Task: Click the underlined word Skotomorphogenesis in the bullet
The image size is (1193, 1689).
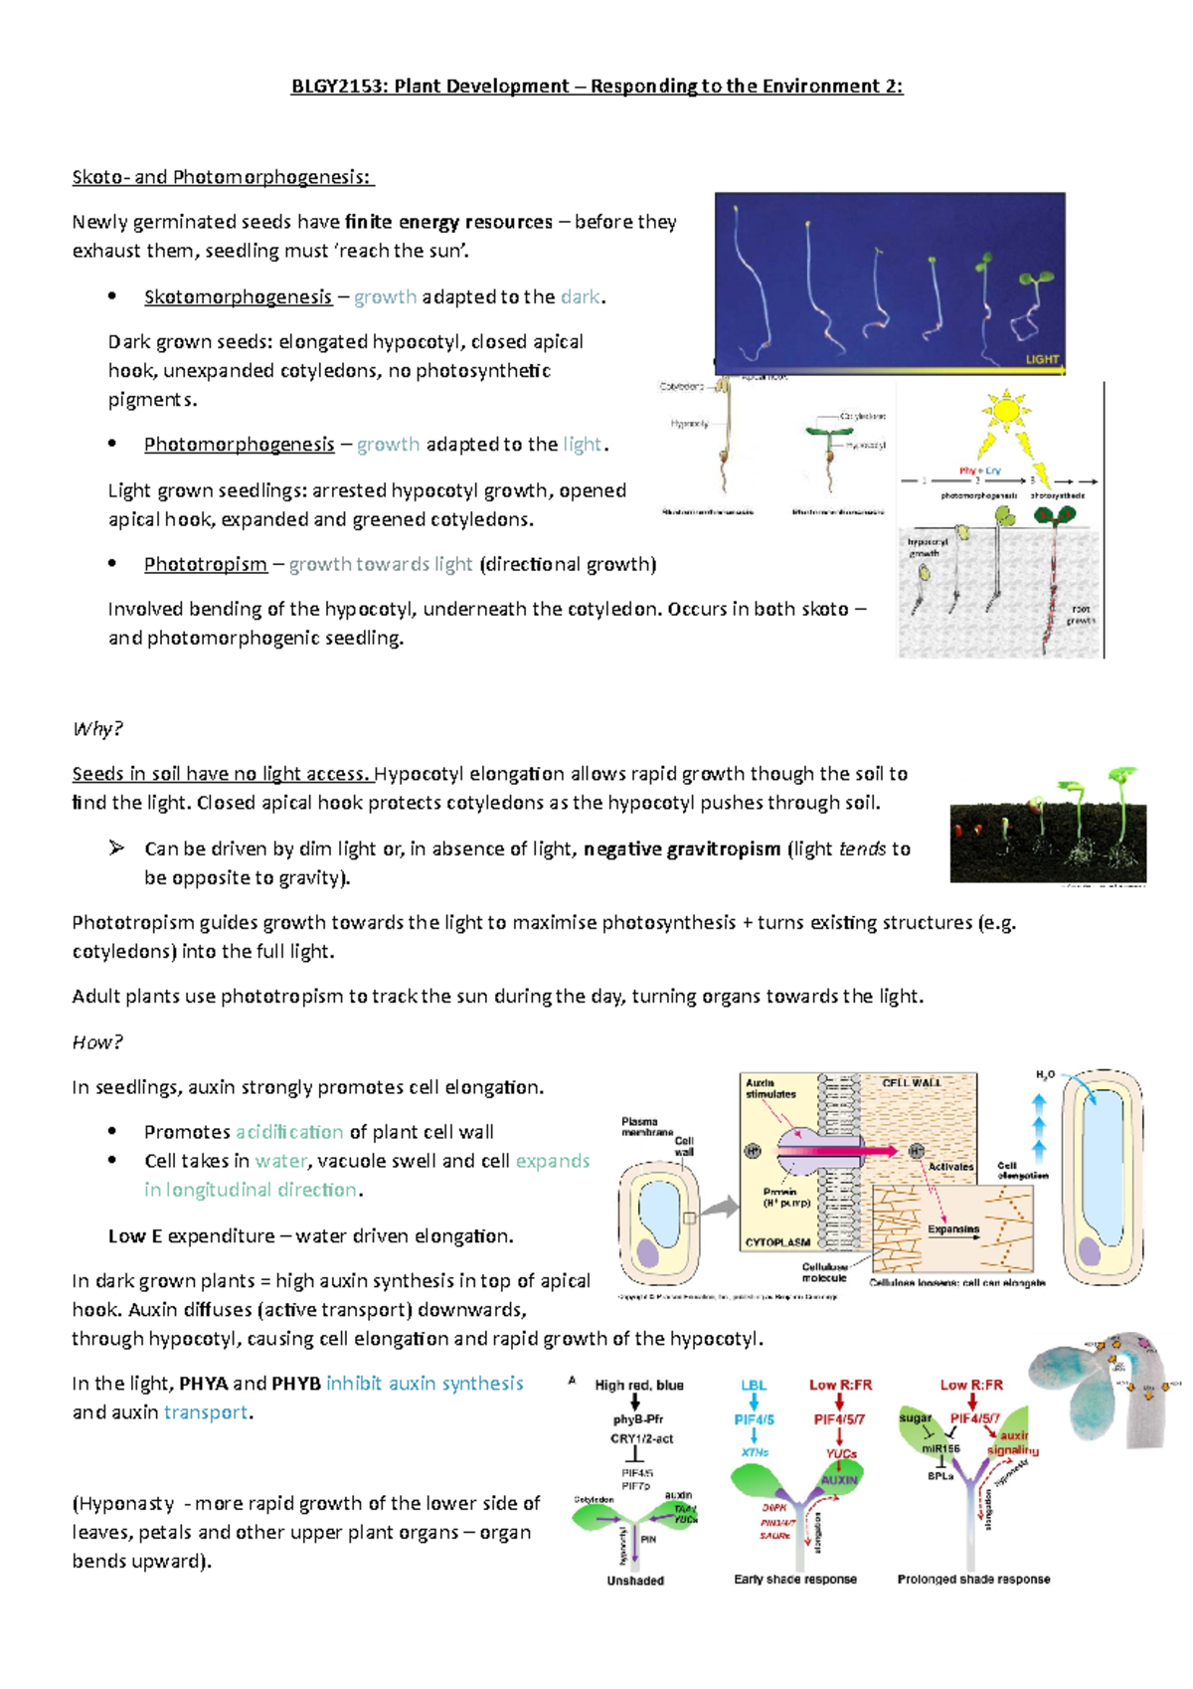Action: pos(238,297)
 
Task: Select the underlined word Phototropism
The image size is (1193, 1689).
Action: pos(205,565)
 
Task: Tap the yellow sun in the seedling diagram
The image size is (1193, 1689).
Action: pos(1005,410)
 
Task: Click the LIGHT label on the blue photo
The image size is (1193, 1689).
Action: pos(1041,359)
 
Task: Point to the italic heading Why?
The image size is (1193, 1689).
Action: pos(96,729)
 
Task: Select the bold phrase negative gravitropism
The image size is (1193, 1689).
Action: pos(682,849)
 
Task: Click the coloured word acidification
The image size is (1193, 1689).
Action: pos(289,1132)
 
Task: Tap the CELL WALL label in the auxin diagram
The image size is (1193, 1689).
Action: pos(911,1082)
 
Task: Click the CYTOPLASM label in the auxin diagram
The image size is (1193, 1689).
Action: pos(777,1242)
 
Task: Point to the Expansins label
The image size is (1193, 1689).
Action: pos(952,1229)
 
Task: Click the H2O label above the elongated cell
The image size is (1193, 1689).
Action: pos(1045,1075)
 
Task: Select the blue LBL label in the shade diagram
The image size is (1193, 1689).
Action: pos(754,1386)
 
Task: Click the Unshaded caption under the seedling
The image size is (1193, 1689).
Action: pos(635,1581)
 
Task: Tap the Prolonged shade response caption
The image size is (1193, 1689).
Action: pos(973,1580)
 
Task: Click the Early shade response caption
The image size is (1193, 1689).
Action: pos(795,1580)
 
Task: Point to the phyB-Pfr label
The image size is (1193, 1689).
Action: pos(637,1420)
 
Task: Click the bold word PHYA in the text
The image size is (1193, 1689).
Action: pos(203,1385)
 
